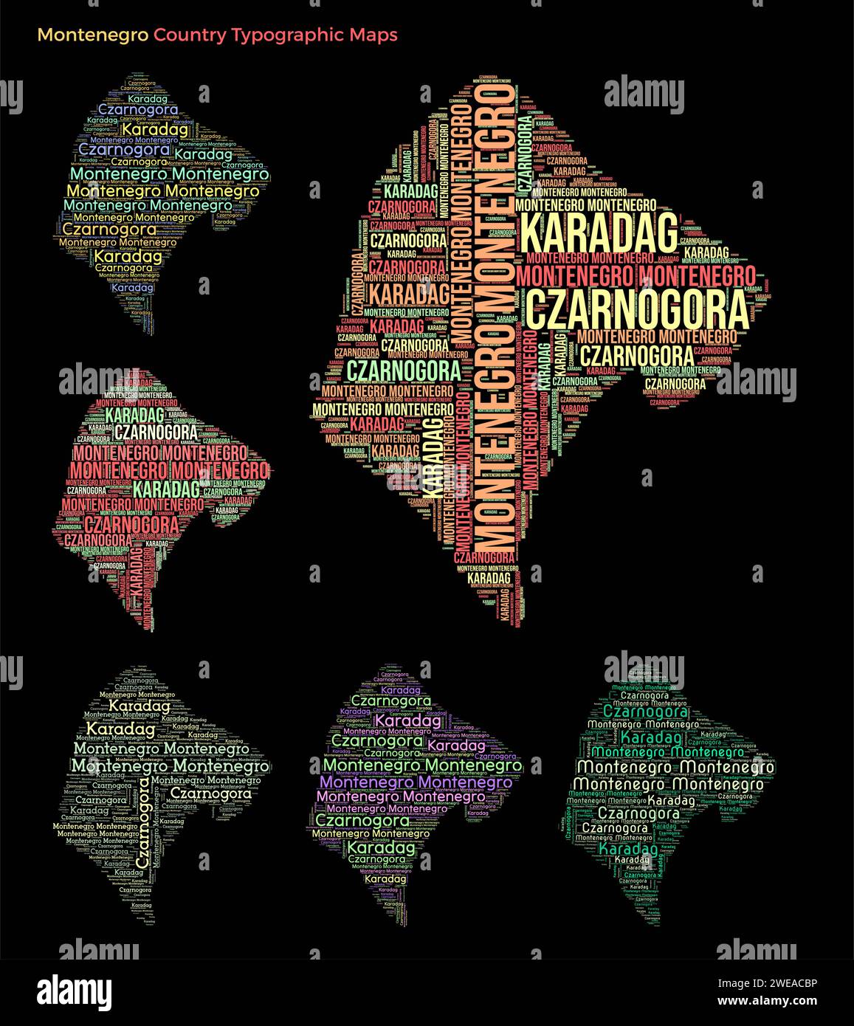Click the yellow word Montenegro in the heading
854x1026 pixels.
(92, 35)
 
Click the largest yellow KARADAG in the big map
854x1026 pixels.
(599, 233)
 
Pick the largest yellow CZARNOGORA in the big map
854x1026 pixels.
(638, 311)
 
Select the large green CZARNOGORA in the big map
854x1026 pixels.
(403, 369)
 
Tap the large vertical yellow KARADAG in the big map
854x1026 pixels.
(434, 458)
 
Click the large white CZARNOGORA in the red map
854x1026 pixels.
(156, 432)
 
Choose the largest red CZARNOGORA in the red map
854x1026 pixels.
(131, 525)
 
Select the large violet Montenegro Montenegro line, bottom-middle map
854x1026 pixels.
(417, 782)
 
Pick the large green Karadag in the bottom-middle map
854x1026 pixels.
(381, 848)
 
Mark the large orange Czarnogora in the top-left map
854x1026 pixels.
(110, 229)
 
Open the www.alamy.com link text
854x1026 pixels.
(768, 1002)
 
